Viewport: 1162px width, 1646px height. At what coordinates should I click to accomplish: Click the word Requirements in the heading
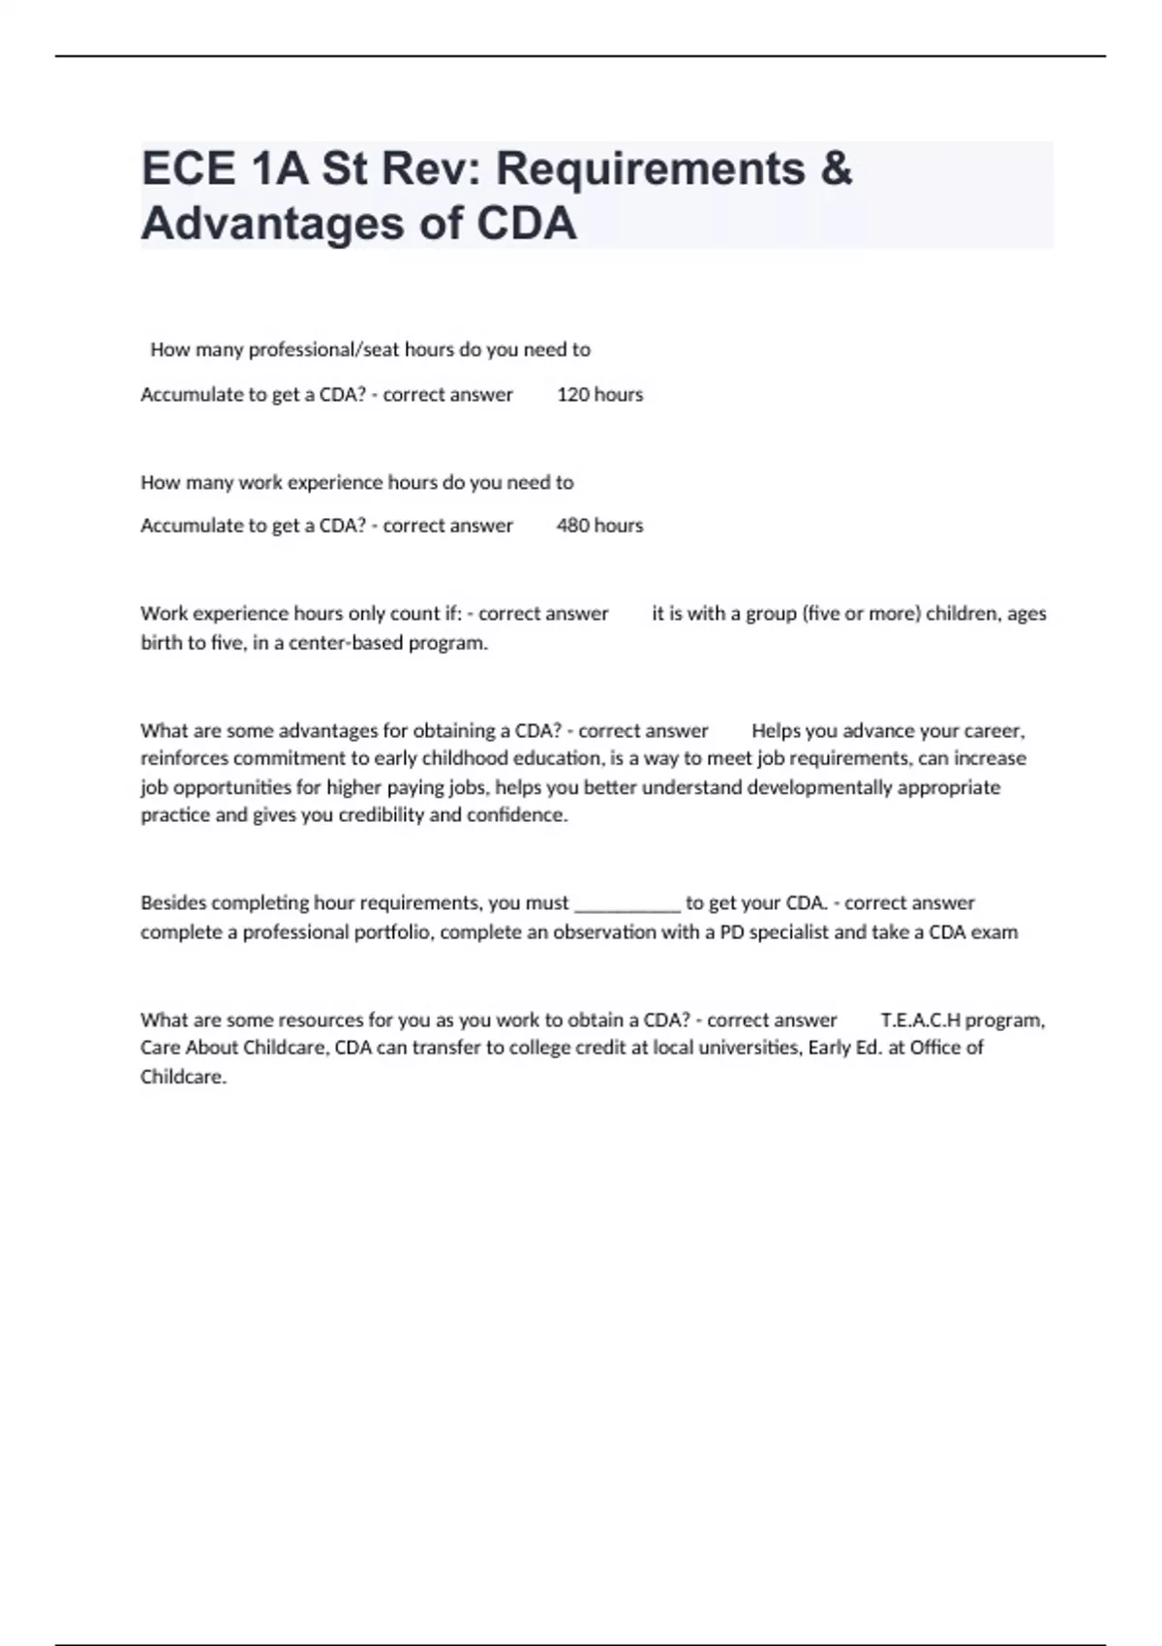[650, 168]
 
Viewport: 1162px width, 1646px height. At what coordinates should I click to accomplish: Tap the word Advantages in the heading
[271, 224]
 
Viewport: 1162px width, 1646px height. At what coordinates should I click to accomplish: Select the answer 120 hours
[599, 394]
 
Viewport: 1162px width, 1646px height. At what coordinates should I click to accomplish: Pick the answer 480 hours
[599, 525]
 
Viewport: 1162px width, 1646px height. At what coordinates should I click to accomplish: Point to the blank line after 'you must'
[627, 903]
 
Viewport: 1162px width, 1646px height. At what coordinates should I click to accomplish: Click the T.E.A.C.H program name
[963, 1020]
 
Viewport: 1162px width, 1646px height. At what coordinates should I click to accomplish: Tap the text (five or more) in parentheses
[862, 613]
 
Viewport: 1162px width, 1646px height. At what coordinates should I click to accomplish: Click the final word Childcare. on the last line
[183, 1077]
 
